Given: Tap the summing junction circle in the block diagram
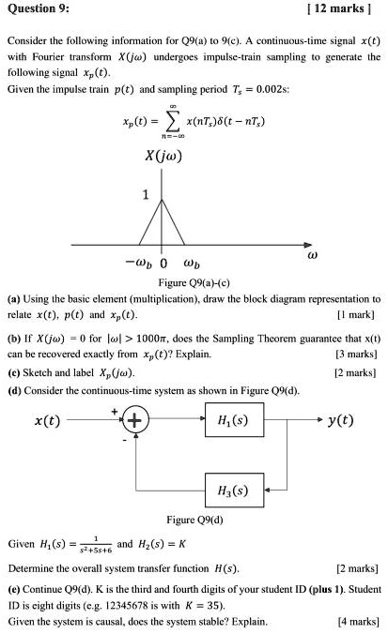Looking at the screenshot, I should (133, 419).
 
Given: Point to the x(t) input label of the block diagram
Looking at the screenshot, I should (48, 420).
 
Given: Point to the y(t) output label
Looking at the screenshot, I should (337, 419).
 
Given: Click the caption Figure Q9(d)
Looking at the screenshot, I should (193, 519).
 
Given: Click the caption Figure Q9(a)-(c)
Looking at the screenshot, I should (194, 281).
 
